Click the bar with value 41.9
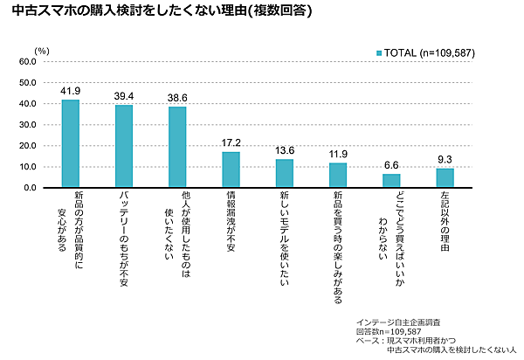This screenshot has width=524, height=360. click(71, 143)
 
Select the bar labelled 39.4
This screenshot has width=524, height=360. click(124, 146)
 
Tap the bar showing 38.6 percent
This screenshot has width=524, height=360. click(177, 147)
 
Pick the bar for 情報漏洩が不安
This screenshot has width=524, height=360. click(231, 170)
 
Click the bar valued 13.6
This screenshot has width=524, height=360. click(285, 173)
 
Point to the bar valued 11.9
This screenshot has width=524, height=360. click(338, 175)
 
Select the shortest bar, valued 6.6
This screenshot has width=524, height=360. click(391, 180)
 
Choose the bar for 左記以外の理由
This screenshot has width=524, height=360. click(445, 177)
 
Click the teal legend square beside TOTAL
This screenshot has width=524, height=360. click(380, 54)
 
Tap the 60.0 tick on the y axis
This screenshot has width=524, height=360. click(26, 62)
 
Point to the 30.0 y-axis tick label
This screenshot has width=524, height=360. click(26, 125)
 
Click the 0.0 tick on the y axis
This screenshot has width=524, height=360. click(29, 188)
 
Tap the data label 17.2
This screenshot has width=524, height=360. click(231, 142)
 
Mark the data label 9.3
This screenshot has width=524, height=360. click(445, 158)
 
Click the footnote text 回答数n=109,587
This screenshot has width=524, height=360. click(390, 332)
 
